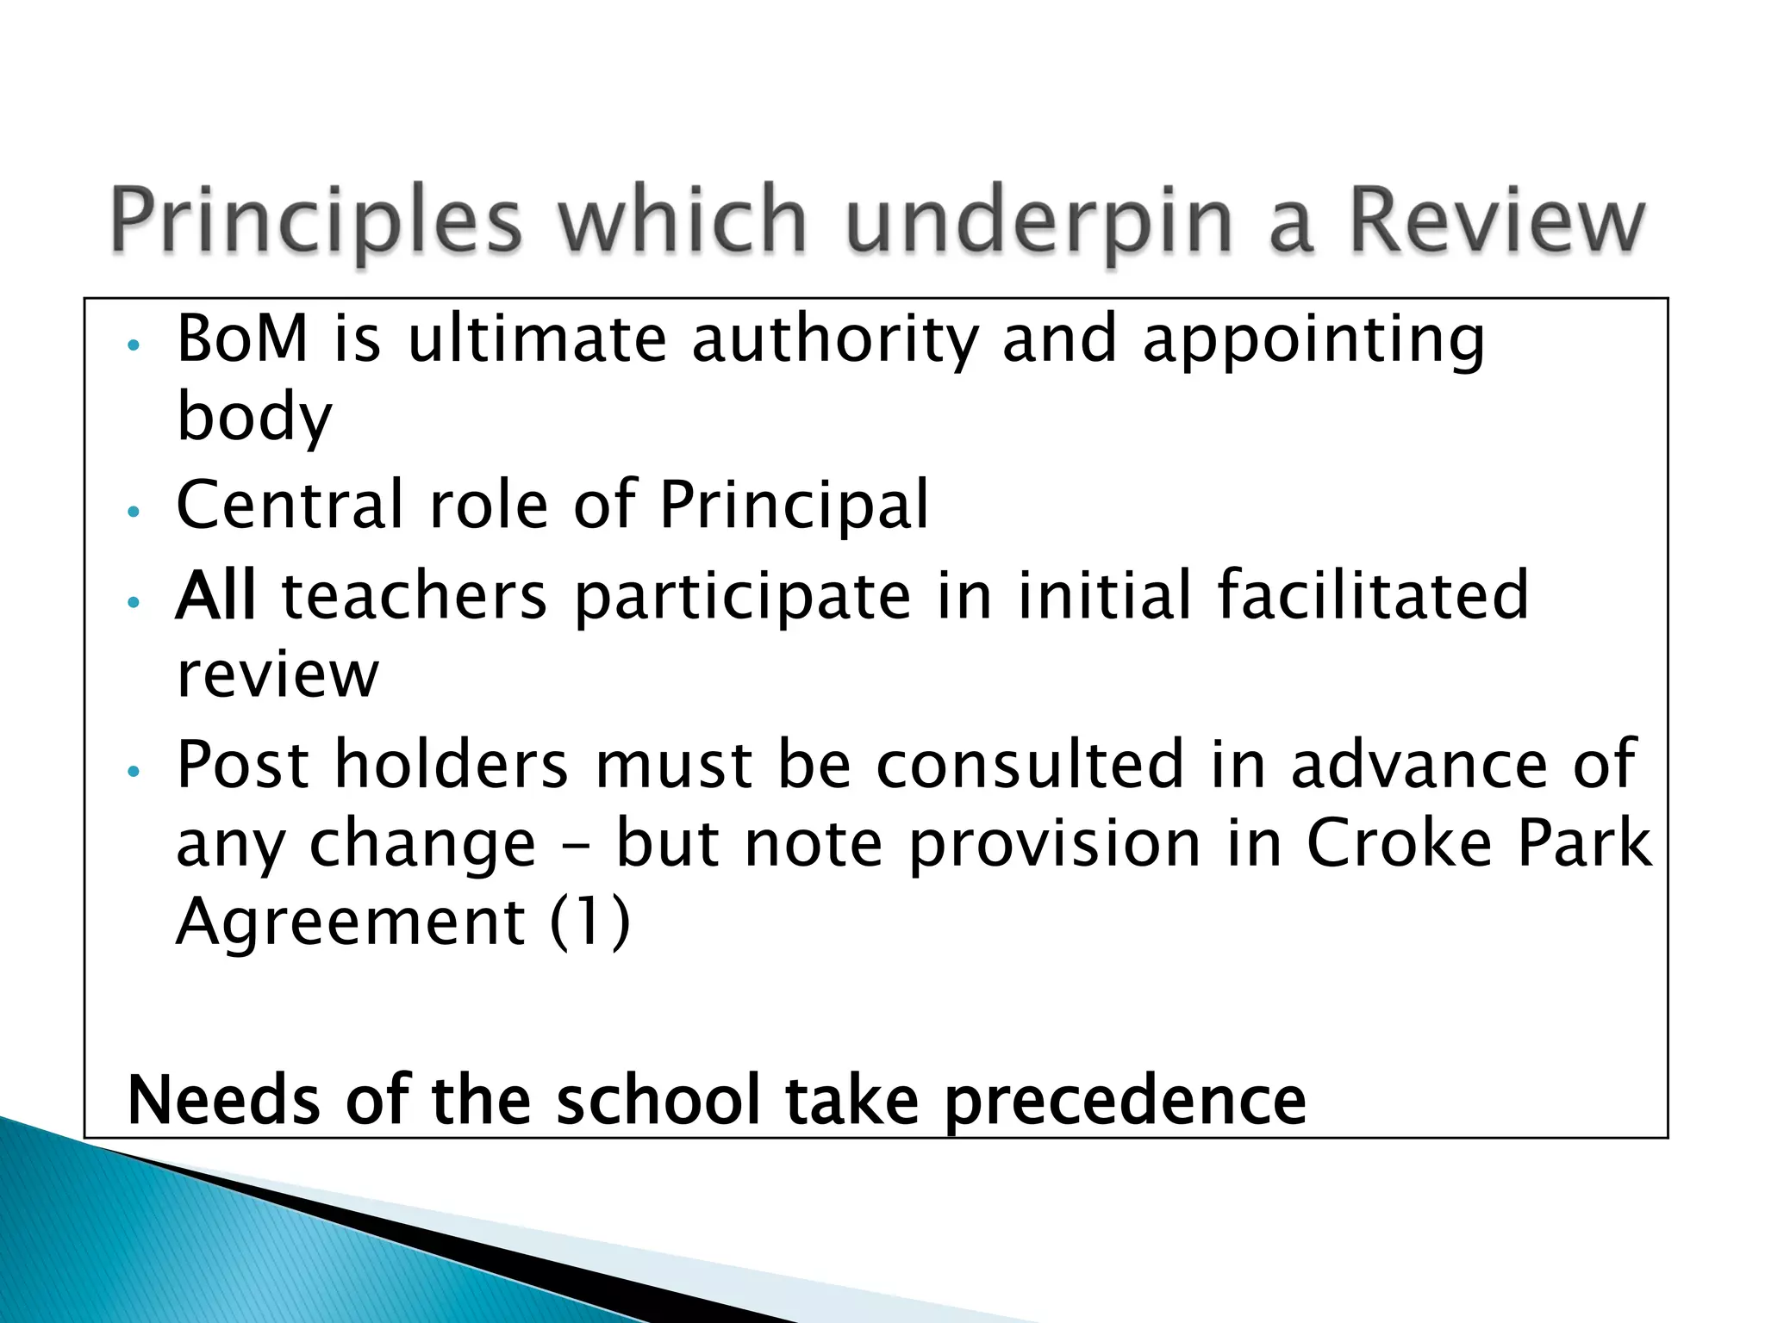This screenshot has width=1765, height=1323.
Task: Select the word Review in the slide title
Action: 1496,220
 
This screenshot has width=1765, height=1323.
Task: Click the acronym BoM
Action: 242,338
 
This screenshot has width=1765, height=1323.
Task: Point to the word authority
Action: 834,339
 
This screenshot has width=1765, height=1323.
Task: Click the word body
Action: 254,417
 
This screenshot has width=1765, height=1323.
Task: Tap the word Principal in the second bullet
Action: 794,506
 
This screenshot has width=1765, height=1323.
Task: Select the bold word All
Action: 215,595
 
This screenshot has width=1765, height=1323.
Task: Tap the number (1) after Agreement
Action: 590,921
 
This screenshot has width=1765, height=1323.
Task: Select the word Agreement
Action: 350,922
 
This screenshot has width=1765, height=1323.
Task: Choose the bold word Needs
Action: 222,1100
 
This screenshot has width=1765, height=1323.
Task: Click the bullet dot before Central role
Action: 133,512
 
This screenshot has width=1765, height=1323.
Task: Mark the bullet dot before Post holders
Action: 133,772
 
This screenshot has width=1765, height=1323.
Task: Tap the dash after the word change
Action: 576,846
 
